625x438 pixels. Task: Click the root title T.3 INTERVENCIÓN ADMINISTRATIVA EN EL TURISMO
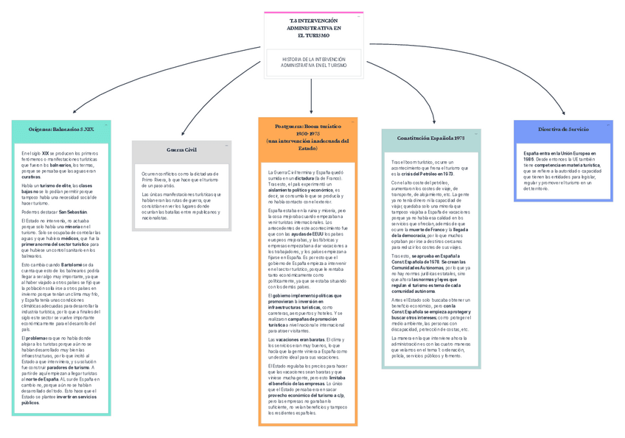pyautogui.click(x=314, y=28)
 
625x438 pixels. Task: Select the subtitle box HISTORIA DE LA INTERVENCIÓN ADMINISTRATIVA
pyautogui.click(x=314, y=62)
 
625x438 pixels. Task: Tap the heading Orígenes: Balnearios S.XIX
pyautogui.click(x=61, y=129)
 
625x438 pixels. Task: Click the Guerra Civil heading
pyautogui.click(x=181, y=149)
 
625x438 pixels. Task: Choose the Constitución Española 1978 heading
pyautogui.click(x=430, y=138)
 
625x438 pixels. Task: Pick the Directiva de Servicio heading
pyautogui.click(x=563, y=129)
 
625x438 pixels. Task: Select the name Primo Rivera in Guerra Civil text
pyautogui.click(x=157, y=179)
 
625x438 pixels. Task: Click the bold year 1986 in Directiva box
pyautogui.click(x=528, y=159)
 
